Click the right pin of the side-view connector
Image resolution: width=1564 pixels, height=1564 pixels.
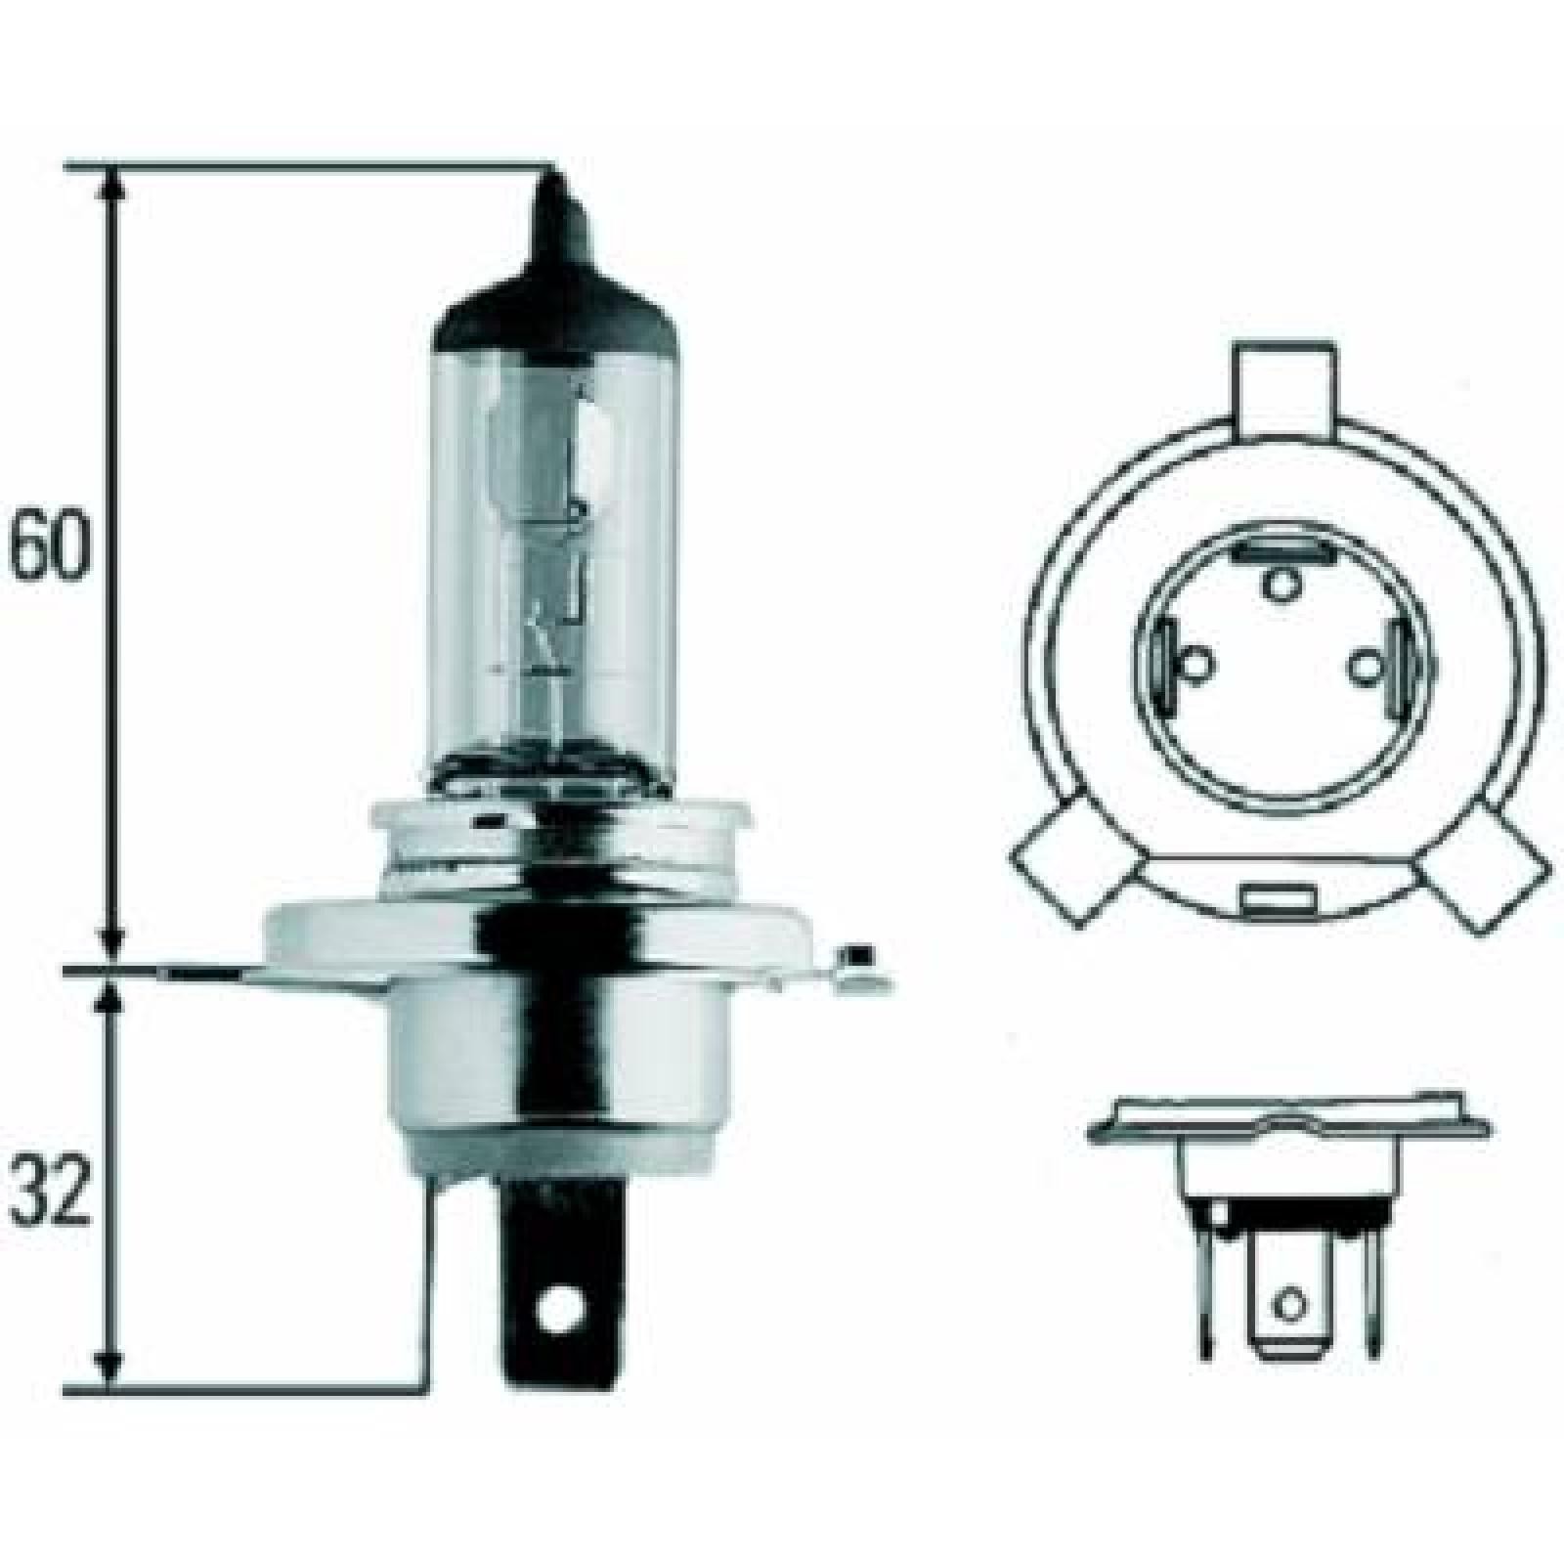(1374, 1281)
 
